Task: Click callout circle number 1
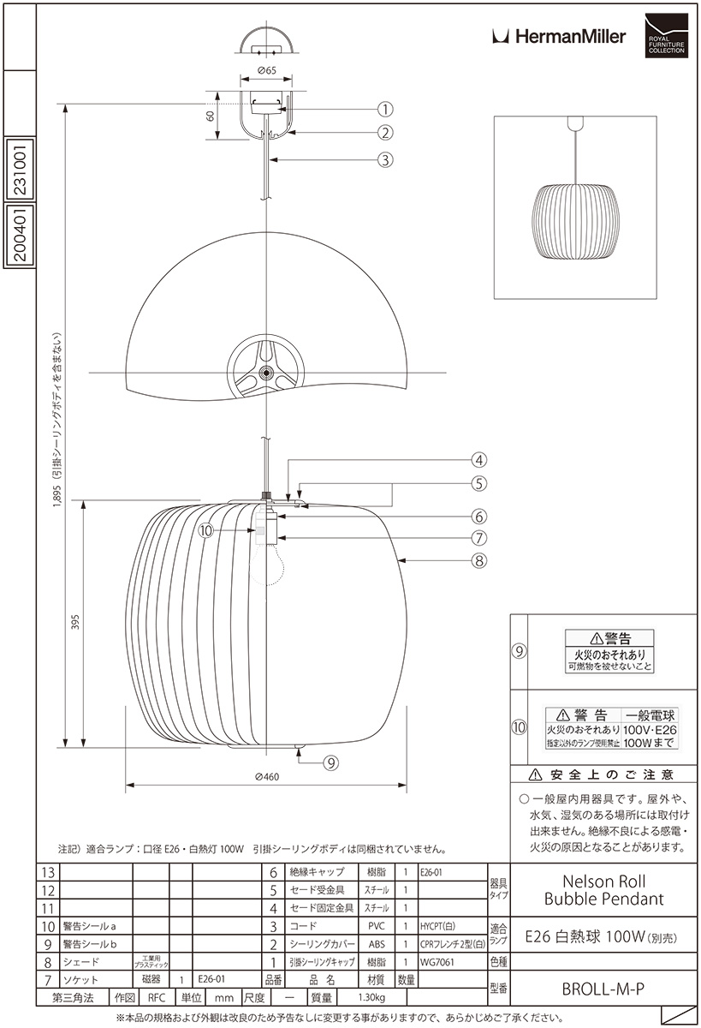point(385,109)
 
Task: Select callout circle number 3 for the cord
point(385,158)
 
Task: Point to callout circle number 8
point(478,561)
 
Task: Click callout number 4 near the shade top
point(478,459)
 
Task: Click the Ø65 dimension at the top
point(265,71)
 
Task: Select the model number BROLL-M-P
point(603,989)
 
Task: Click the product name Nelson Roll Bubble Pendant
point(604,889)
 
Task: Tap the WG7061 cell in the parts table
point(437,961)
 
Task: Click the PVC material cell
point(377,926)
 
